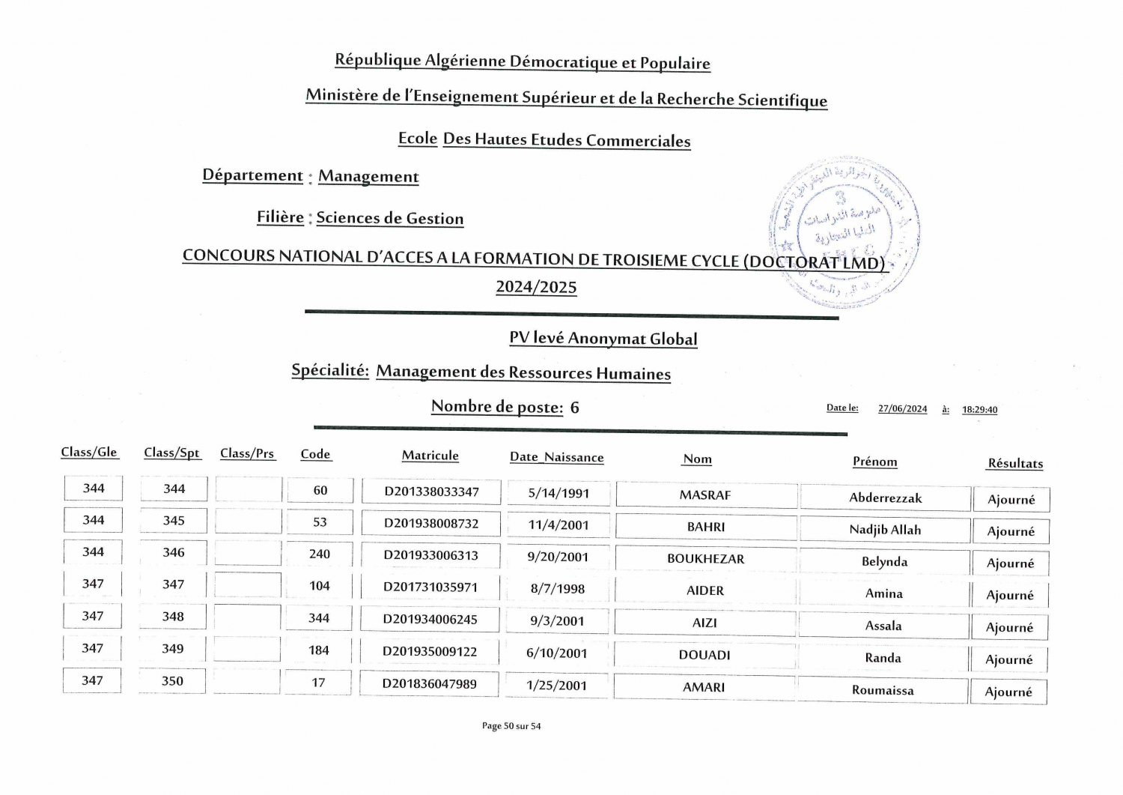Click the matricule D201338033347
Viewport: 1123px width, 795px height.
[431, 492]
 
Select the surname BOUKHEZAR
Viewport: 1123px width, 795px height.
[705, 558]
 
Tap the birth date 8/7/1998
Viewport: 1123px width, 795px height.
[558, 588]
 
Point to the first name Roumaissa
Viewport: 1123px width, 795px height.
[883, 690]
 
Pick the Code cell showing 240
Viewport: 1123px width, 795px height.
[320, 554]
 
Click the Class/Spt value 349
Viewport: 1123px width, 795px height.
[173, 648]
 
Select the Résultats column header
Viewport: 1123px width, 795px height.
[1014, 463]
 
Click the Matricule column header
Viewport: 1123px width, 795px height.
[430, 456]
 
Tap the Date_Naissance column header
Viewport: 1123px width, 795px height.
[556, 457]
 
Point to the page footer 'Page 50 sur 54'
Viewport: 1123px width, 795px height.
[511, 725]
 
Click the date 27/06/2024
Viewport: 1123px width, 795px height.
[902, 409]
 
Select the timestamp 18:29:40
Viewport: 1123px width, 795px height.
[979, 410]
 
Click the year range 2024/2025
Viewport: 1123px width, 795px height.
[536, 287]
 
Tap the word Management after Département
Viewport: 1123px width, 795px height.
[368, 176]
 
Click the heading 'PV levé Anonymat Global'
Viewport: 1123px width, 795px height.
[603, 338]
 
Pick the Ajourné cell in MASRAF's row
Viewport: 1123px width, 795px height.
[1011, 499]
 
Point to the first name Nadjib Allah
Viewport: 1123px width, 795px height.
[885, 530]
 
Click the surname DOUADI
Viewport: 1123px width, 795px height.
[704, 654]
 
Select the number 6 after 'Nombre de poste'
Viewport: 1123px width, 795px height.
[574, 408]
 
